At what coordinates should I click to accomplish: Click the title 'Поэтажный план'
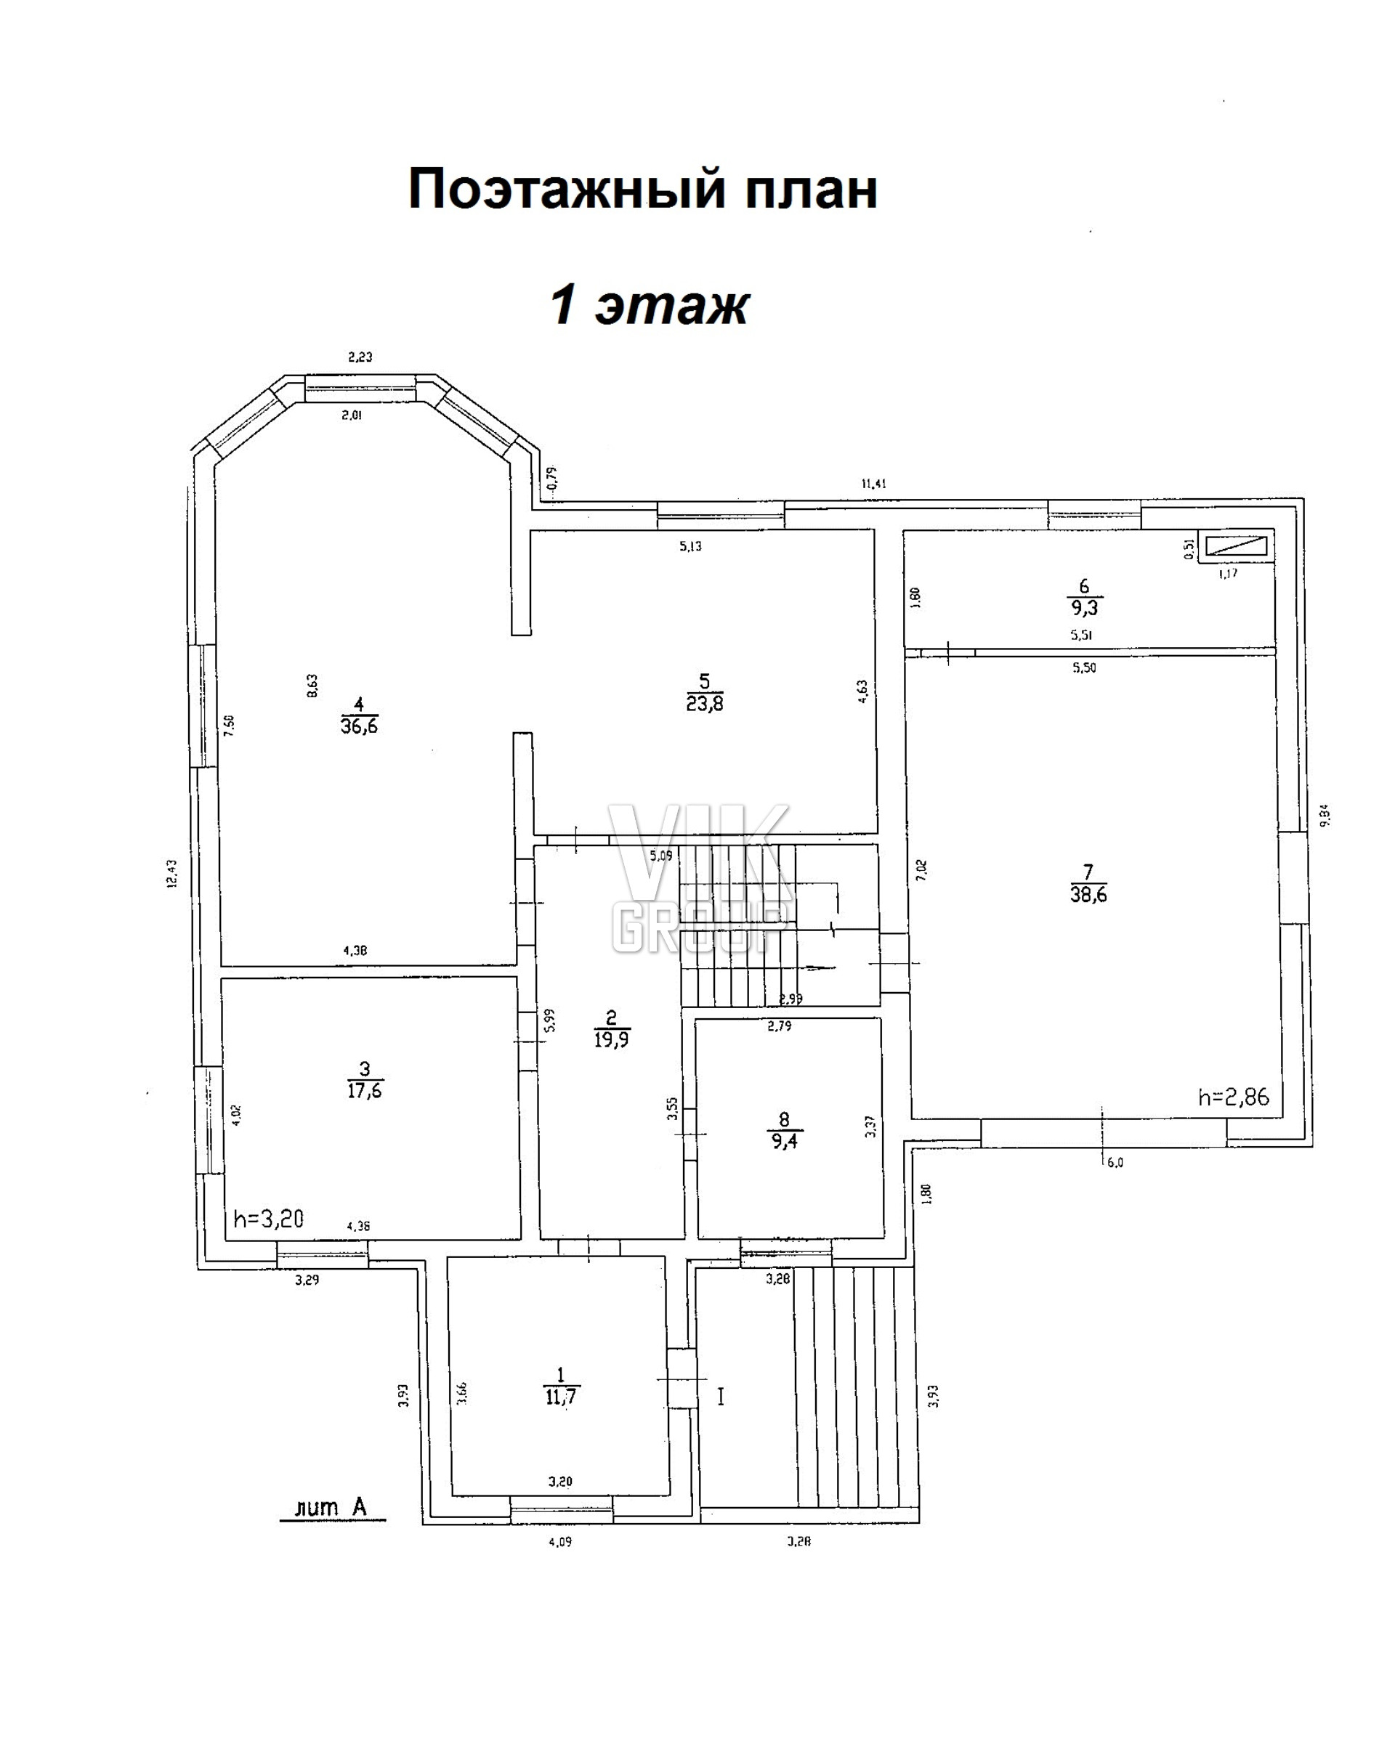643,190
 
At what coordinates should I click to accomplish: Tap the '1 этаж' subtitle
650,306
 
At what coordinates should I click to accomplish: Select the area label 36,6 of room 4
360,725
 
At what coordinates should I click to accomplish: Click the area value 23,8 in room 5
705,702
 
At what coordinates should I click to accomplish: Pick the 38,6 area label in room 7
1088,894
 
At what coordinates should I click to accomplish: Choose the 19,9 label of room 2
612,1039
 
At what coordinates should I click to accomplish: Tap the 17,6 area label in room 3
364,1090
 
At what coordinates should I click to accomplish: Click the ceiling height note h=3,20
269,1220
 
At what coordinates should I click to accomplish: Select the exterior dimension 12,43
171,874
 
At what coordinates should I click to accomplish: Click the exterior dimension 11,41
873,484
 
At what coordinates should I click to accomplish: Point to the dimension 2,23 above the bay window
360,357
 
